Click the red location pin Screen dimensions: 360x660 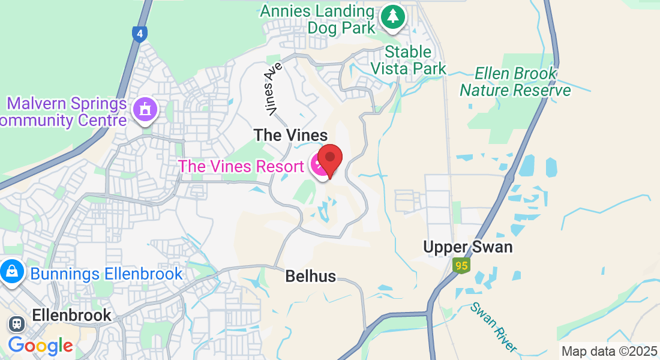coord(329,160)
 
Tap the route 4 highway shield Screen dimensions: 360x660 coord(139,34)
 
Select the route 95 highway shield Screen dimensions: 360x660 coord(460,265)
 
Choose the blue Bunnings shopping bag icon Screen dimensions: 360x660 coord(11,272)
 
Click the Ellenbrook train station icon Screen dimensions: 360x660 coord(16,324)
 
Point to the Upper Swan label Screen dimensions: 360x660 coord(468,247)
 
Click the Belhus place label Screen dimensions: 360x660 coord(310,276)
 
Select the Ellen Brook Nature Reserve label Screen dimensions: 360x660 coord(515,82)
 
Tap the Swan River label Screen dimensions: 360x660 coord(493,327)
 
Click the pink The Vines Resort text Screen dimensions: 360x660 coord(241,166)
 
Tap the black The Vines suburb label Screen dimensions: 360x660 coord(291,135)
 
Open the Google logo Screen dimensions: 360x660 coord(40,345)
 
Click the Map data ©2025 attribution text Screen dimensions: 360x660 coord(610,352)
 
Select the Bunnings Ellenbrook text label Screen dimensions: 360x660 coord(106,274)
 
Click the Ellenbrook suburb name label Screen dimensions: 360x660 coord(71,315)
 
